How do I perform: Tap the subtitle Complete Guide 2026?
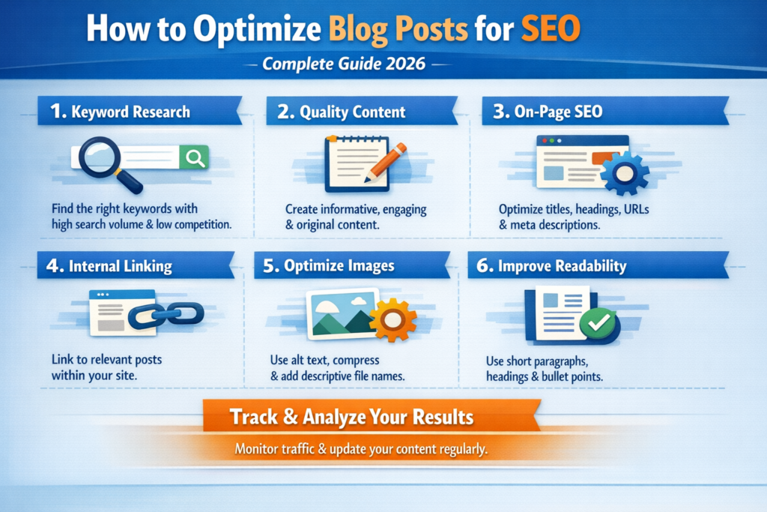coord(344,64)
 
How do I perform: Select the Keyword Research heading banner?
coord(130,112)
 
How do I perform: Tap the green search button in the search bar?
coord(194,157)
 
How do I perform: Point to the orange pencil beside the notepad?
coord(386,160)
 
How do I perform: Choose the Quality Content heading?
coord(352,112)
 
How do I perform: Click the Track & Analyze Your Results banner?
coord(351,416)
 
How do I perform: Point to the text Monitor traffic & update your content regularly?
coord(361,450)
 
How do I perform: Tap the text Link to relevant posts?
coord(106,360)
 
